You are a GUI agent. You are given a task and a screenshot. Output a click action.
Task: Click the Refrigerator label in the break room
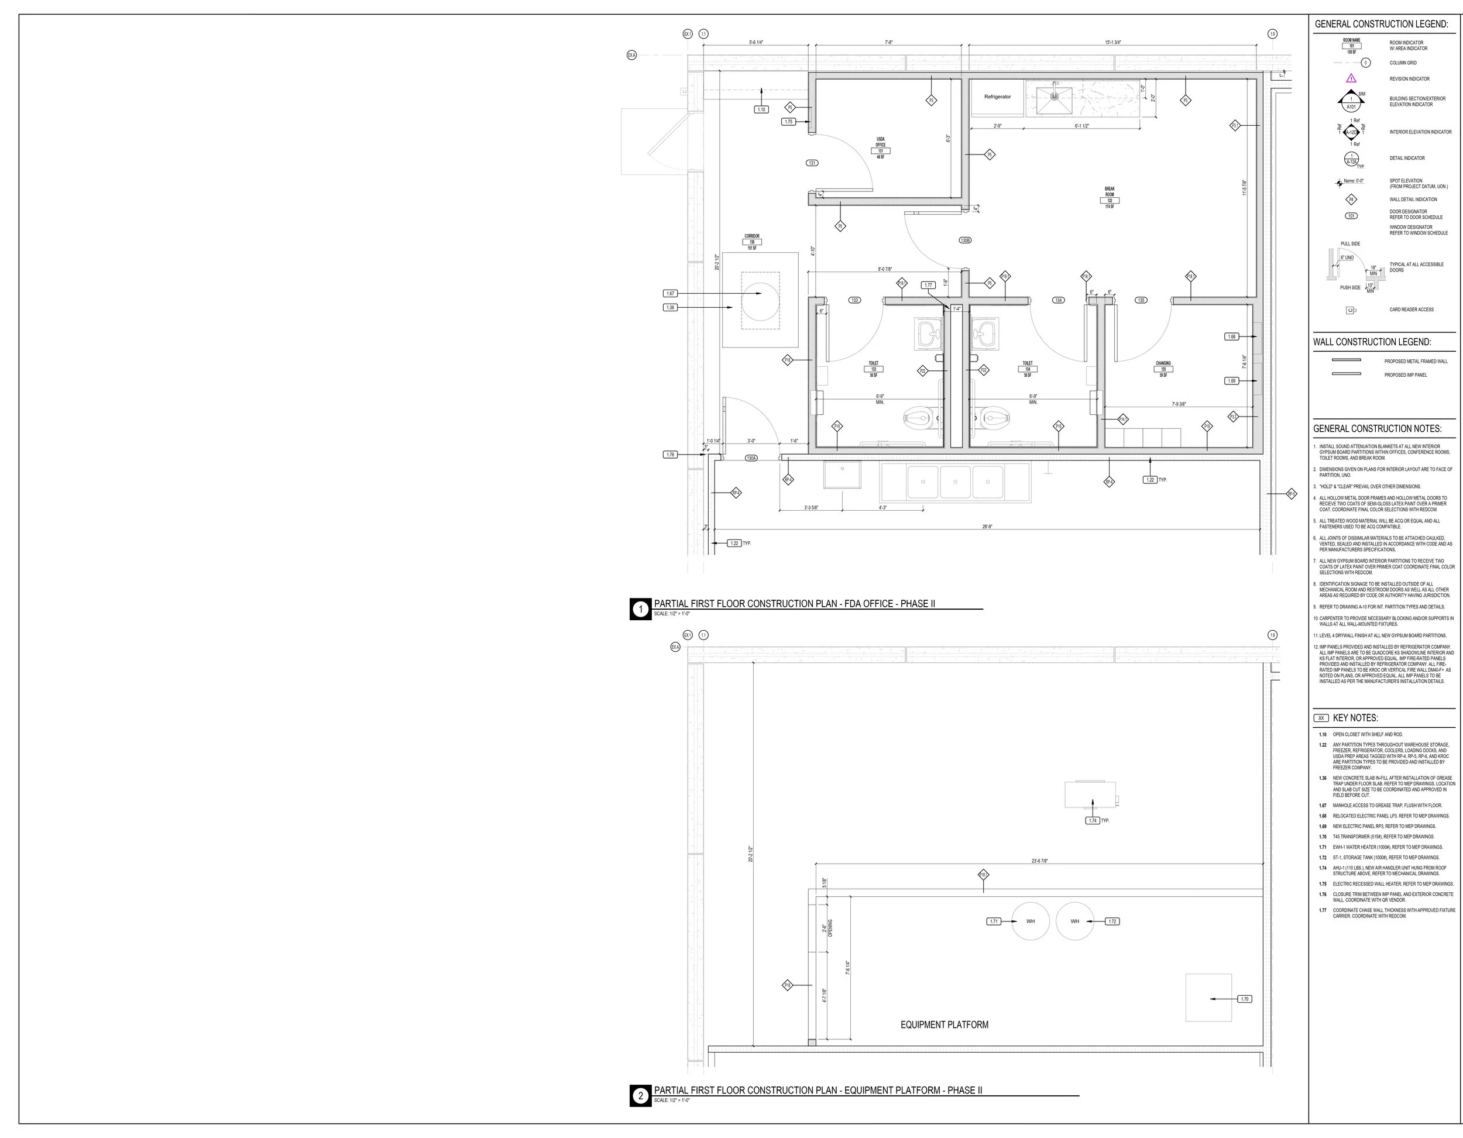(x=997, y=97)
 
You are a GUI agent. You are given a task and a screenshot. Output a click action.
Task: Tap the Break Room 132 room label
(x=1110, y=198)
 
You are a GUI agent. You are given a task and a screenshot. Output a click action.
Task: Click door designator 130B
(x=965, y=240)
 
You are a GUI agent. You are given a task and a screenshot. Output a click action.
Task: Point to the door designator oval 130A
(x=751, y=458)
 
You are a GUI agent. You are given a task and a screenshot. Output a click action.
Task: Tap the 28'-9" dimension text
(x=987, y=527)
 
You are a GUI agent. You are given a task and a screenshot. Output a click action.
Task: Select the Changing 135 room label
(x=1163, y=369)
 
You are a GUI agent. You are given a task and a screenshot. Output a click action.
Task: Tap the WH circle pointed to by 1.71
(x=1031, y=922)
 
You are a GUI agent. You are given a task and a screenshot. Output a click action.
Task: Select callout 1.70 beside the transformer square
(x=1245, y=999)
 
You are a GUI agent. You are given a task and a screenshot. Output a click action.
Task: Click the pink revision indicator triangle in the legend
(x=1351, y=78)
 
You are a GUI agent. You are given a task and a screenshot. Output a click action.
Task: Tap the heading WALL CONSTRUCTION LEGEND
(x=1372, y=342)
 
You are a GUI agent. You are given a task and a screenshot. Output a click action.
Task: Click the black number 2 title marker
(x=640, y=1096)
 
